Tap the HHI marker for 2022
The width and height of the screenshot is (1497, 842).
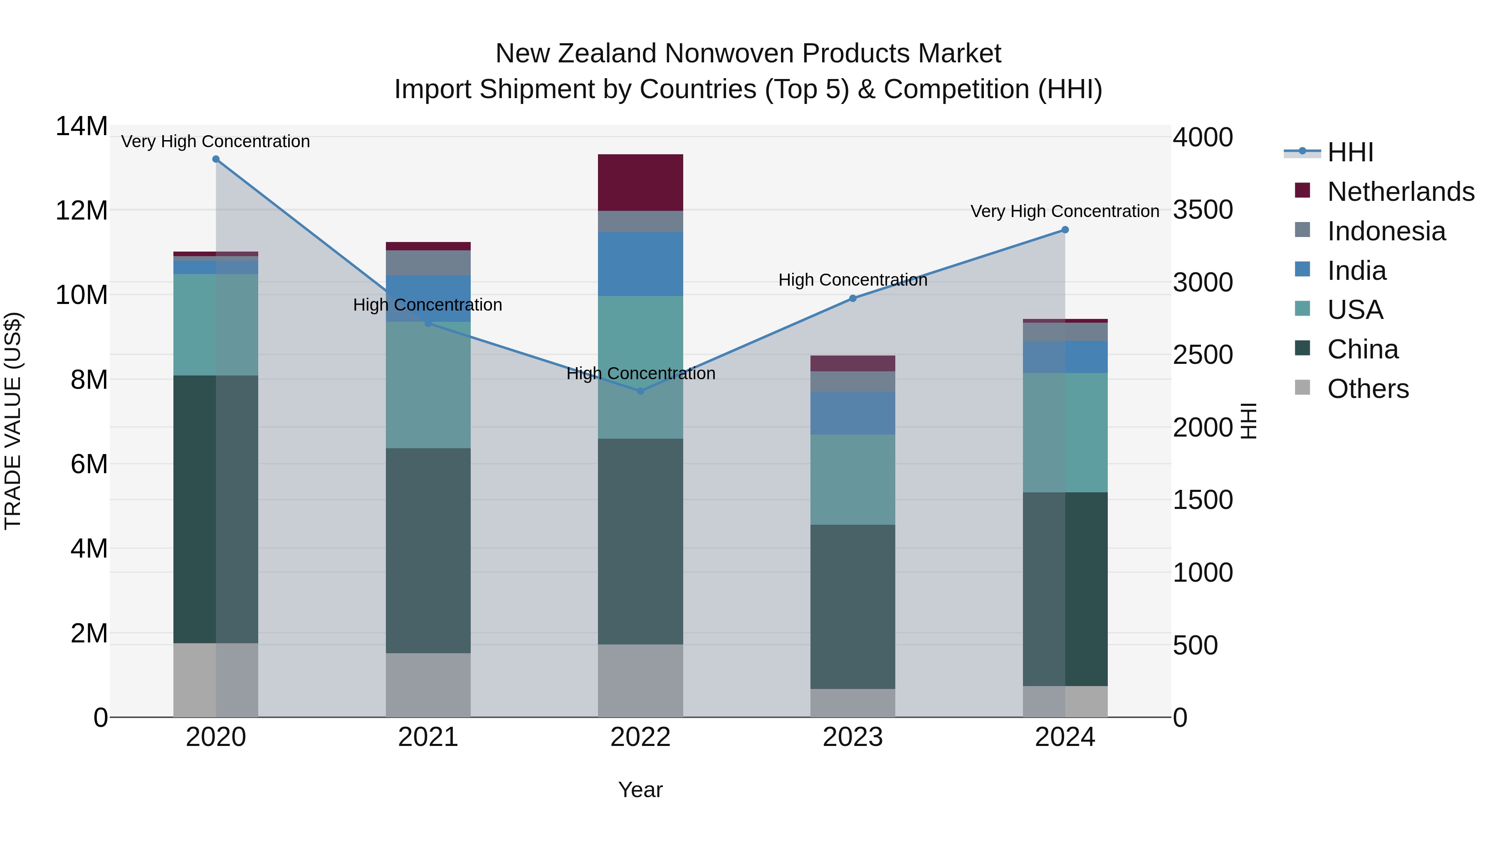pos(640,391)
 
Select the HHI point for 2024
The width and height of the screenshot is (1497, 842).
pos(1065,230)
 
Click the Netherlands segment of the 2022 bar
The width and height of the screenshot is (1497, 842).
pos(640,183)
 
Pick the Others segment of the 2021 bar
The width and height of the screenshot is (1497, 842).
pos(428,685)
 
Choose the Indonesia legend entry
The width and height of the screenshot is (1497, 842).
pos(1386,231)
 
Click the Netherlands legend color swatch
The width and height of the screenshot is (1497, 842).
pos(1302,190)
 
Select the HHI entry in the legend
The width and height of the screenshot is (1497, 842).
pos(1350,152)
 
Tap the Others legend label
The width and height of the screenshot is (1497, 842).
pos(1368,389)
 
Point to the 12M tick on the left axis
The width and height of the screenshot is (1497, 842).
pos(82,210)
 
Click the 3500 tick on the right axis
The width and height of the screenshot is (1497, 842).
pos(1202,210)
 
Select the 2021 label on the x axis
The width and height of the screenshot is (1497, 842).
pos(428,737)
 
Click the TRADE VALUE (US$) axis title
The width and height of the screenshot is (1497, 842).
pos(13,421)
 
